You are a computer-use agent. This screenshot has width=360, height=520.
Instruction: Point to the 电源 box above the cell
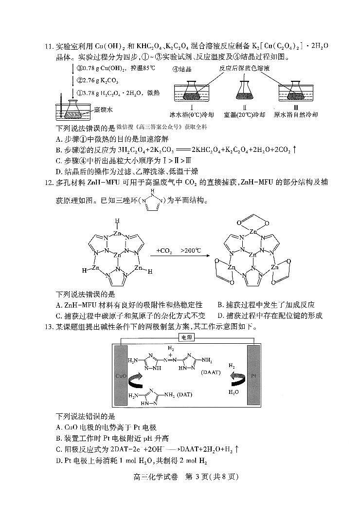coord(186,337)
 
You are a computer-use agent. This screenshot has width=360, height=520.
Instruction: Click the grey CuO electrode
coord(122,375)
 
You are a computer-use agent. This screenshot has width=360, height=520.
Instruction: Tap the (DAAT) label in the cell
coord(211,372)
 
